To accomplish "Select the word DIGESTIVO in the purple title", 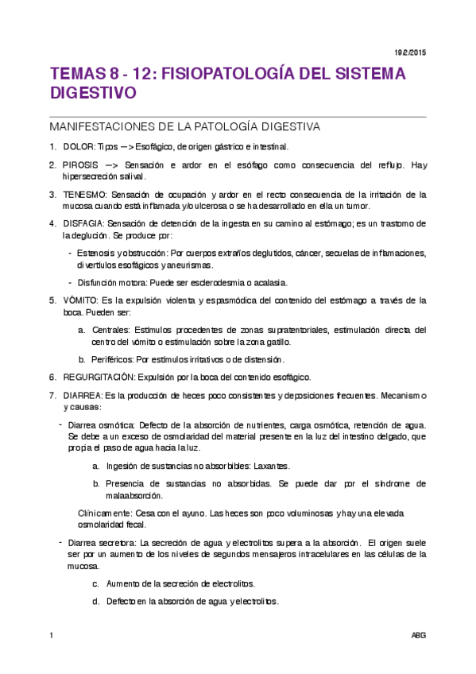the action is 93,93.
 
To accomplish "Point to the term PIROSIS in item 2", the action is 81,165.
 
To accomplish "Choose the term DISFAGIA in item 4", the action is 84,223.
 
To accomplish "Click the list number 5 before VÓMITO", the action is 52,300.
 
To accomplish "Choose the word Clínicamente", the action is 106,513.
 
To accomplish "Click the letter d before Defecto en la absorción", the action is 95,601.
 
